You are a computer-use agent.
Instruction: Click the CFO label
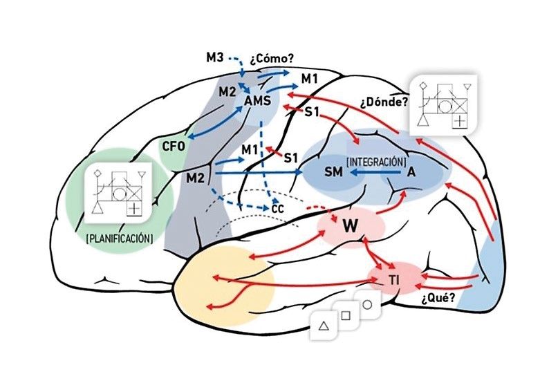click(x=174, y=146)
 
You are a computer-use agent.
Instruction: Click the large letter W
click(x=350, y=225)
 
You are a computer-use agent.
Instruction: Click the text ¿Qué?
click(x=437, y=299)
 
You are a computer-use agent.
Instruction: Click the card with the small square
click(x=346, y=315)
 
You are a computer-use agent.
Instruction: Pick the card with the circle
click(x=367, y=305)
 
